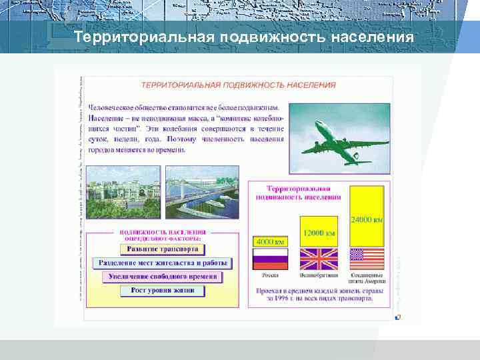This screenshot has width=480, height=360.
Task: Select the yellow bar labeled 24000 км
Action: coord(367,215)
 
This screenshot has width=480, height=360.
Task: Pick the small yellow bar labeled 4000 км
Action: coord(270,241)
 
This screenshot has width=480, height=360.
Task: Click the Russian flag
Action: coord(270,259)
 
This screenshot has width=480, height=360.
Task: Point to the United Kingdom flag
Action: coord(319,259)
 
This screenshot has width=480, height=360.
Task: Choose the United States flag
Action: coord(367,259)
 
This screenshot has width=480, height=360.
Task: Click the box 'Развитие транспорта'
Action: coord(162,249)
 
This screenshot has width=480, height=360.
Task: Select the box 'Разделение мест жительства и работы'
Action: coord(162,263)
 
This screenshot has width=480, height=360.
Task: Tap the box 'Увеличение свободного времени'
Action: coord(162,277)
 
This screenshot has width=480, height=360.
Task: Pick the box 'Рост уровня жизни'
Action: coord(162,291)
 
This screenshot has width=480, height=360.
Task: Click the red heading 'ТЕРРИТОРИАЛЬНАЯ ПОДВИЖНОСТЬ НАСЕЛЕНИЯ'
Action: coord(238,85)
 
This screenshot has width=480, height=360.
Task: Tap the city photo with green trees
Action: coord(123,191)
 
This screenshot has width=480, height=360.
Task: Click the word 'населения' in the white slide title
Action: coord(370,36)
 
